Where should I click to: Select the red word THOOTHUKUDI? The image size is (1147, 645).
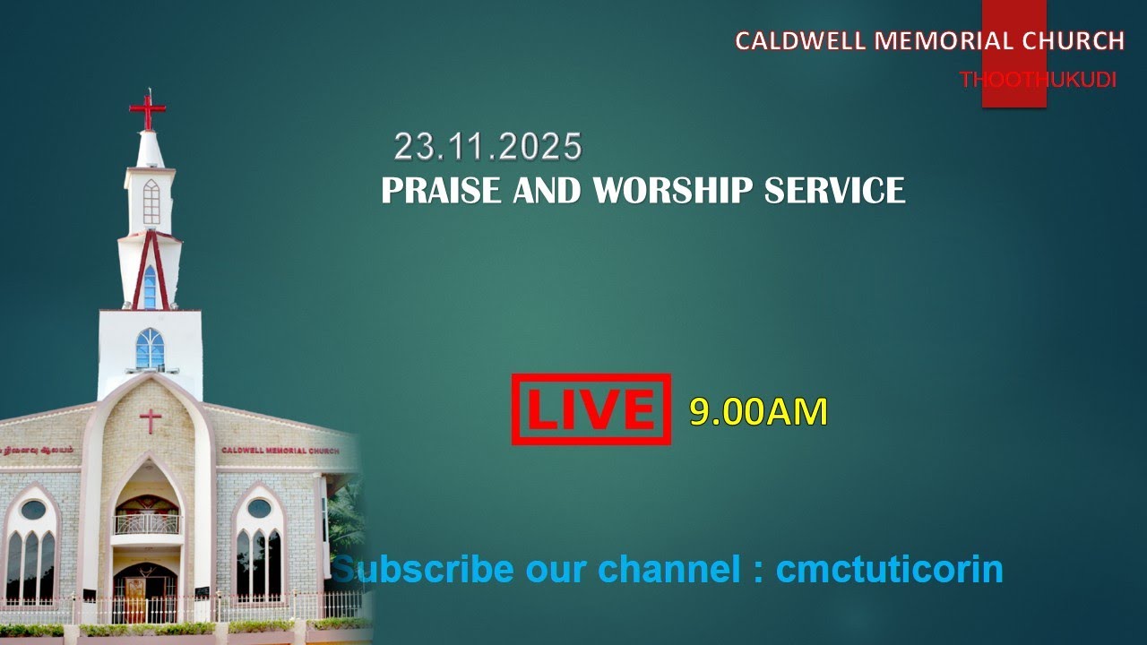(1038, 80)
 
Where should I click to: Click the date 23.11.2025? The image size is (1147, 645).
(488, 147)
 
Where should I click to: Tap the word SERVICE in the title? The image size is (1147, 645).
(835, 191)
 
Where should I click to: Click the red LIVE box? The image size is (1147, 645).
(591, 409)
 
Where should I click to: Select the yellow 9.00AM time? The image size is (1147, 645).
(758, 412)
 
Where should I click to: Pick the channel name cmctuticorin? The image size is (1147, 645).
(889, 569)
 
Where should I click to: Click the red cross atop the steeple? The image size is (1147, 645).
(148, 109)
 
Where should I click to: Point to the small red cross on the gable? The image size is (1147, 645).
(151, 419)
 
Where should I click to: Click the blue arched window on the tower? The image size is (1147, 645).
(150, 348)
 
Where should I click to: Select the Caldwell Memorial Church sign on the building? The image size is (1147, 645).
(280, 451)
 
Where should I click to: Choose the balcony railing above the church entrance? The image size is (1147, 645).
(146, 524)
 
